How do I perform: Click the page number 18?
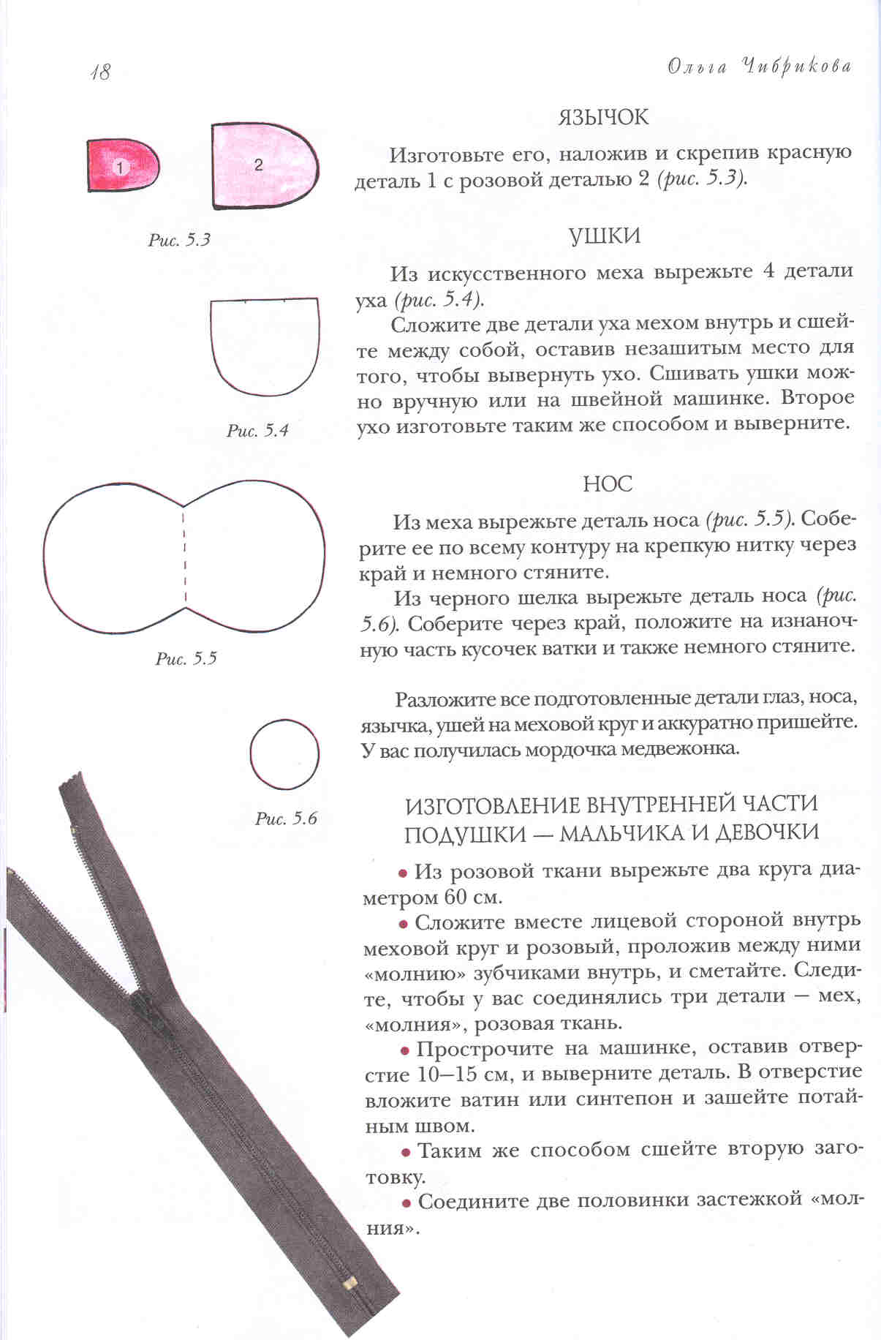pos(100,72)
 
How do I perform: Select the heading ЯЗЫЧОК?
pos(603,117)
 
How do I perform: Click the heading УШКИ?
pos(604,236)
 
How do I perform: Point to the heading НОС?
pos(608,484)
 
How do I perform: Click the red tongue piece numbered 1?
pos(122,166)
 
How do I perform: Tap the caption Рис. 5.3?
pos(179,240)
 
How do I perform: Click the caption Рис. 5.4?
pos(257,430)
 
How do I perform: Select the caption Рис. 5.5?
pos(186,658)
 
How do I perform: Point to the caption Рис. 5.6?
pos(286,818)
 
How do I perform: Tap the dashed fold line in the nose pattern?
pos(185,556)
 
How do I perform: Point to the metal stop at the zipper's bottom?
pos(350,1283)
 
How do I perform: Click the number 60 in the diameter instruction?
pos(458,897)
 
